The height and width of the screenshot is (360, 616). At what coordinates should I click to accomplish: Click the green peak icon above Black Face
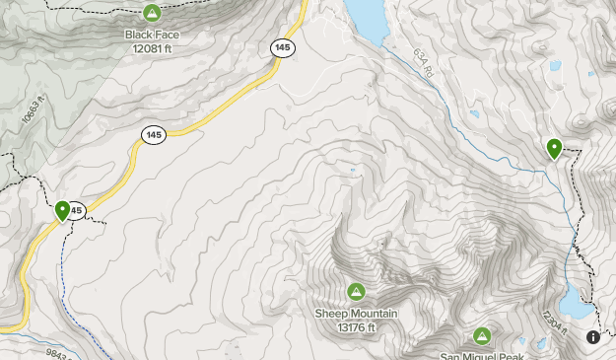coord(152,13)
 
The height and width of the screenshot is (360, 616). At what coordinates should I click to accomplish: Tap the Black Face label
coord(152,34)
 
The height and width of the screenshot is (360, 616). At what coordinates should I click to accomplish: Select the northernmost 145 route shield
coord(283,47)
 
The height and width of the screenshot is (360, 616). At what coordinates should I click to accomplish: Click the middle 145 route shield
coord(152,135)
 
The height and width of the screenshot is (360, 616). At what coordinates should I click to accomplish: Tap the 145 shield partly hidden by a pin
coord(77,210)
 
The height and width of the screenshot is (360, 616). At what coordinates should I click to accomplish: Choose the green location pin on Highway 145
coord(63,210)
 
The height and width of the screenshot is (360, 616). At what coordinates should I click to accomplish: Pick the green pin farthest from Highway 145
coord(554,149)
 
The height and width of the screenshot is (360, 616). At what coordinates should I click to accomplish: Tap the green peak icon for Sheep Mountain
coord(356,291)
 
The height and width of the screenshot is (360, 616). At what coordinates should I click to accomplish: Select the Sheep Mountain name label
coord(356,314)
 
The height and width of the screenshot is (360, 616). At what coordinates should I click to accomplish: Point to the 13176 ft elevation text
coord(356,326)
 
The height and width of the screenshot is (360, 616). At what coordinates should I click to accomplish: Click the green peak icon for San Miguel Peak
coord(482,335)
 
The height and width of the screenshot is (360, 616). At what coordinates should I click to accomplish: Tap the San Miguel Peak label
coord(481,355)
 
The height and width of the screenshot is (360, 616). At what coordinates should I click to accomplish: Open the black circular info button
coord(593,337)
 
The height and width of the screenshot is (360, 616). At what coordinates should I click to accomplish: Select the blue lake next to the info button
coord(577,302)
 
